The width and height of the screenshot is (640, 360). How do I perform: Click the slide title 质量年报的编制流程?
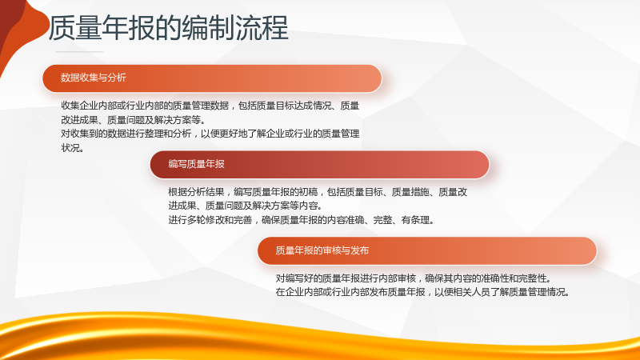tap(169, 28)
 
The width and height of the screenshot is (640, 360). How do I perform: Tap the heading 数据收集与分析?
tap(94, 78)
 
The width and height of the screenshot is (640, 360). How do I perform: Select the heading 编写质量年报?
tap(196, 164)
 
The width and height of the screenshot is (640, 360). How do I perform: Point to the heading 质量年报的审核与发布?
tap(322, 250)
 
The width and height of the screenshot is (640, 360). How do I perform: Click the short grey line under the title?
tap(79, 52)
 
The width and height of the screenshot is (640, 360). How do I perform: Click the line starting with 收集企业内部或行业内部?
tap(210, 106)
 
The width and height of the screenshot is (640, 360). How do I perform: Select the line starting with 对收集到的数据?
tap(210, 134)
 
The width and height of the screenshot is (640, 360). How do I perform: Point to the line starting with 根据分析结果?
tap(318, 192)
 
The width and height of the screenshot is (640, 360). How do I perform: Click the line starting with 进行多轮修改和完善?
tap(301, 220)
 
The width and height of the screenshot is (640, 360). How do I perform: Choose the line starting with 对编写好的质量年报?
tap(414, 278)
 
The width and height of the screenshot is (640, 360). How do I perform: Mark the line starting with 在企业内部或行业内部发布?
tap(422, 292)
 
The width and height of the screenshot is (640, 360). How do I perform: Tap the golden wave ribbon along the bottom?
tap(320, 338)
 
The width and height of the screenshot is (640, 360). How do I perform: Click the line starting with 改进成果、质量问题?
tap(133, 120)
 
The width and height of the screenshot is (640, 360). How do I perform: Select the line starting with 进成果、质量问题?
tap(246, 206)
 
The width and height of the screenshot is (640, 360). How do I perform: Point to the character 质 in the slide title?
tap(62, 28)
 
